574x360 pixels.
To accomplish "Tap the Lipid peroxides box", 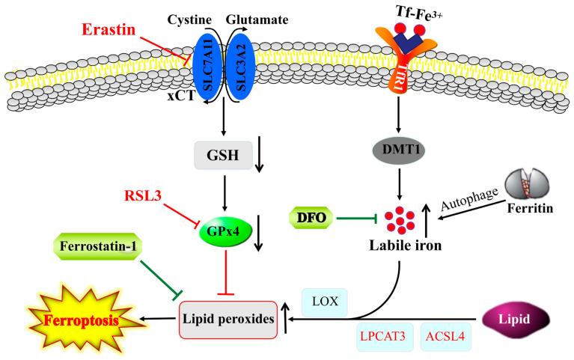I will (x=226, y=320).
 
